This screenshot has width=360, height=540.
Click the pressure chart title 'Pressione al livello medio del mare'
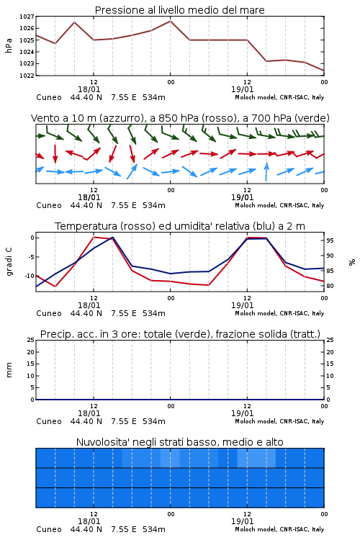[x=179, y=10]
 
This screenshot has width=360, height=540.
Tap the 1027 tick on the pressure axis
[x=27, y=17]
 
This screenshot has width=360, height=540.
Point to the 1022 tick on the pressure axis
[x=27, y=76]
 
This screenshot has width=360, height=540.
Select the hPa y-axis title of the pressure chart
[x=9, y=45]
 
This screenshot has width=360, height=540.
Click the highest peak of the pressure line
[x=170, y=21]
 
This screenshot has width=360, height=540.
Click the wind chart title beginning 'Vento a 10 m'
[x=180, y=118]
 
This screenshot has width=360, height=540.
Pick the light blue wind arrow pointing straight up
[x=266, y=171]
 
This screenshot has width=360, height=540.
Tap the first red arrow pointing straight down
[x=55, y=154]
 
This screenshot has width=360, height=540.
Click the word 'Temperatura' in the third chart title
[x=86, y=226]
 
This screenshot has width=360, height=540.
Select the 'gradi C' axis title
[x=9, y=262]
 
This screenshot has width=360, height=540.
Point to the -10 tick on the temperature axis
[x=28, y=276]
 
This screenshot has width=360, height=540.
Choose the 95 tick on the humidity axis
[x=330, y=240]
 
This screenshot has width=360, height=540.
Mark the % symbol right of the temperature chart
[x=352, y=262]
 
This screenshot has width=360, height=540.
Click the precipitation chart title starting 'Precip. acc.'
[x=180, y=334]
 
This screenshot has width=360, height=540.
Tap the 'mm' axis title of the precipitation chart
[x=9, y=370]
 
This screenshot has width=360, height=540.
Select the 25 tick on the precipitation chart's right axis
[x=330, y=340]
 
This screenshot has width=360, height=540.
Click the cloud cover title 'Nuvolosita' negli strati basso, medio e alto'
[x=180, y=442]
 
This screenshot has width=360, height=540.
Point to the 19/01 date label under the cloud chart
[x=242, y=521]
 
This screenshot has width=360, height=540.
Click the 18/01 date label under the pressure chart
[x=89, y=89]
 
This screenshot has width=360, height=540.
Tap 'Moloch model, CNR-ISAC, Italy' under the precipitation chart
[x=279, y=421]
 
